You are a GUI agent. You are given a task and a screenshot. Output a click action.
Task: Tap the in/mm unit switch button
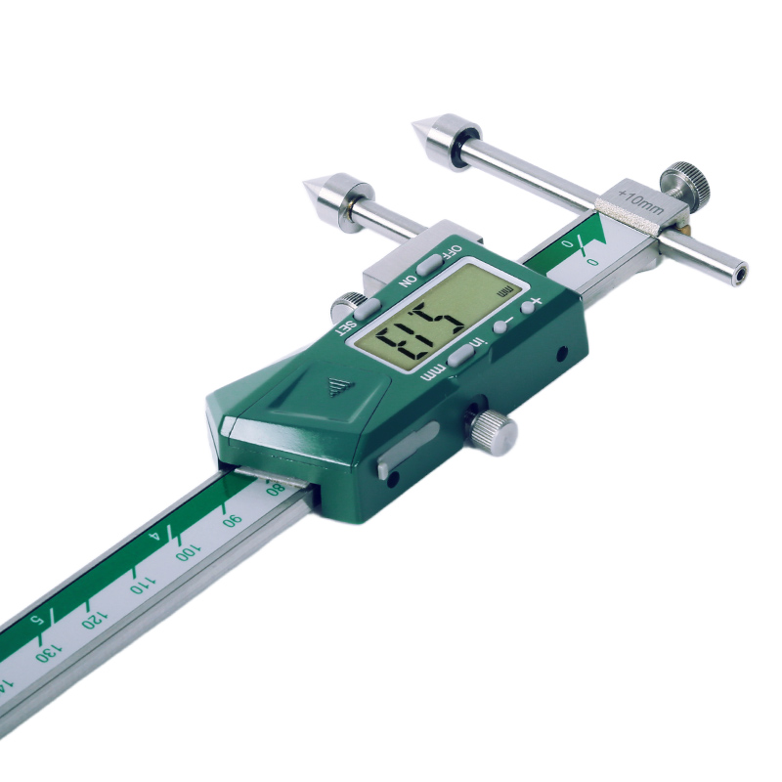coord(460,354)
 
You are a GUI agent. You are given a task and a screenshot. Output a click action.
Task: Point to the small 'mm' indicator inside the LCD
coord(503,290)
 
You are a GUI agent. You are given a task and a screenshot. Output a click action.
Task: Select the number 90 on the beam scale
coord(232,520)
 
